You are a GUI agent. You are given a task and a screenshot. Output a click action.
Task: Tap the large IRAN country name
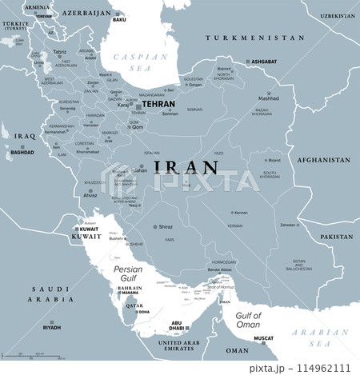[186, 167]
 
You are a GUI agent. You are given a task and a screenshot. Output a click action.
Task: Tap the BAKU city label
[120, 20]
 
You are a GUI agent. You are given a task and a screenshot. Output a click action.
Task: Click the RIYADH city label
[52, 328]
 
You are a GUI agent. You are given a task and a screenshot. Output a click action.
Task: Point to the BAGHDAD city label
[22, 152]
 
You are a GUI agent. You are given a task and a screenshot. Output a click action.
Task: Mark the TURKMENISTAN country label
[254, 38]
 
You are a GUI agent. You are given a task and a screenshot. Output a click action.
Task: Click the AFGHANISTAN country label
[323, 160]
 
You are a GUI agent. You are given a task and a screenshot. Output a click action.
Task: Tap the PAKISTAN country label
[336, 237]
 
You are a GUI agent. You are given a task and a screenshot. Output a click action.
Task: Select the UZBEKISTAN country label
[338, 16]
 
